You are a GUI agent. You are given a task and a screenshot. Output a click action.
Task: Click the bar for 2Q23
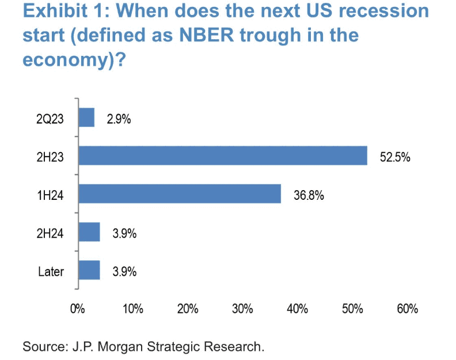click(86, 118)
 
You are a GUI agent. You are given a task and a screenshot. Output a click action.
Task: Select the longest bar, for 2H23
click(223, 156)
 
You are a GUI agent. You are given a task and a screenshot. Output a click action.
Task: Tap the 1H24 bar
click(180, 194)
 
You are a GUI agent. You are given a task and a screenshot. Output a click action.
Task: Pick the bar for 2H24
click(89, 232)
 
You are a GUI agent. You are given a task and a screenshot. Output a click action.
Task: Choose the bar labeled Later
click(89, 270)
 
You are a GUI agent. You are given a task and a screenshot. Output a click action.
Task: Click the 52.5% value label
click(395, 156)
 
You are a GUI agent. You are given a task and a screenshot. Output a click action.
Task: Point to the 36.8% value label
click(309, 195)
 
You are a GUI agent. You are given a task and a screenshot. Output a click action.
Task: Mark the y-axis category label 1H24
click(51, 195)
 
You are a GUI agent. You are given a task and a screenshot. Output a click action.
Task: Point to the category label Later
click(52, 271)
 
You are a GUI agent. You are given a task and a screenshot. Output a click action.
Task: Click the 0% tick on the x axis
click(77, 309)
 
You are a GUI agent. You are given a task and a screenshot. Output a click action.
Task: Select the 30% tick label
click(242, 309)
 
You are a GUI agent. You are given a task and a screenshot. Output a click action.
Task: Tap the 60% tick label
click(407, 309)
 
